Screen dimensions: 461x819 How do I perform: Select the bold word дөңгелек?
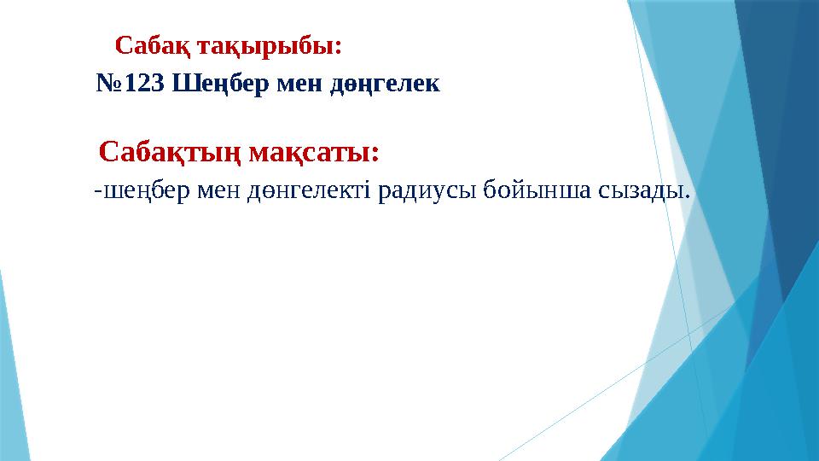point(383,84)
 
